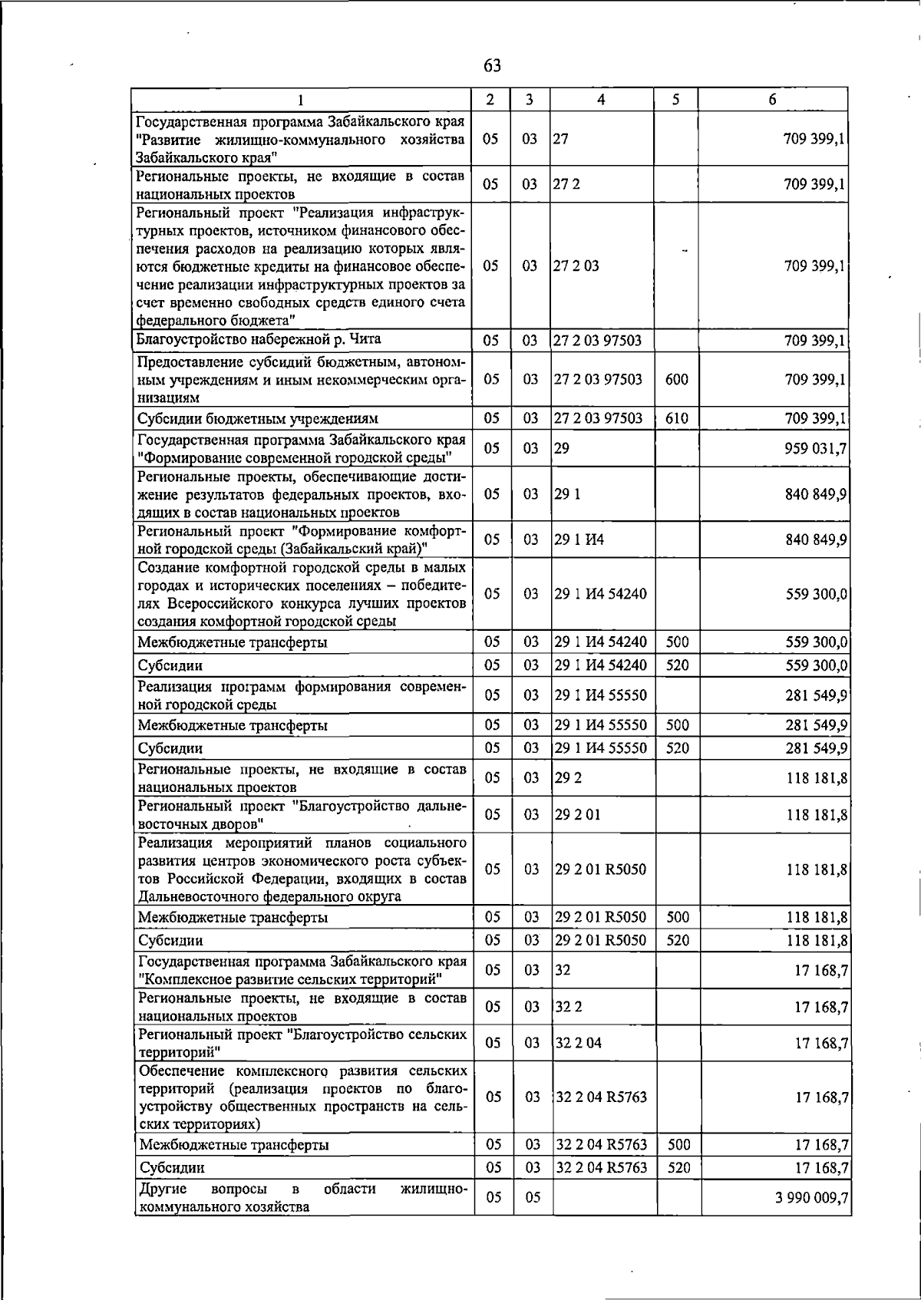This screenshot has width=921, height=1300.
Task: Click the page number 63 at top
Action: click(492, 66)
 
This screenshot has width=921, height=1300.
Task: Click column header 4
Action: click(601, 100)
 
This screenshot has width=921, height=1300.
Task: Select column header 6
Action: click(772, 100)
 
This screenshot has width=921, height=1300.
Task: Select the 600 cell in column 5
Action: click(676, 380)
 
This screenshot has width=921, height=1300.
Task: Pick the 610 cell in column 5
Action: click(676, 418)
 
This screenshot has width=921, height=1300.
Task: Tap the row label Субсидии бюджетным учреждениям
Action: click(258, 419)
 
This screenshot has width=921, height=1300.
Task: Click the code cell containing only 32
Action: click(563, 970)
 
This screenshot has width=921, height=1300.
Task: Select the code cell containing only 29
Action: click(562, 448)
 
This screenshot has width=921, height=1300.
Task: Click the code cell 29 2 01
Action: click(578, 814)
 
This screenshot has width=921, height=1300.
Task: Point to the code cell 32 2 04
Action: click(578, 1043)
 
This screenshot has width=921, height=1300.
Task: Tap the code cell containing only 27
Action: click(560, 140)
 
